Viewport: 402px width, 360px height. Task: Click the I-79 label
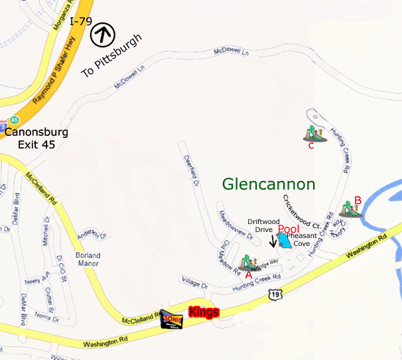81,21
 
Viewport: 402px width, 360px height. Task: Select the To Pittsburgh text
112,57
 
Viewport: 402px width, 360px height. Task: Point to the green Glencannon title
268,184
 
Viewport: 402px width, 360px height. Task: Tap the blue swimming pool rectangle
283,240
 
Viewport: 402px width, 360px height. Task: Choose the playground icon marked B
349,209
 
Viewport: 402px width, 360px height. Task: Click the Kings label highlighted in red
204,312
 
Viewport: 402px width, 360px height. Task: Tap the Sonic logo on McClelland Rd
172,320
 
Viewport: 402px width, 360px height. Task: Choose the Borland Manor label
88,259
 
